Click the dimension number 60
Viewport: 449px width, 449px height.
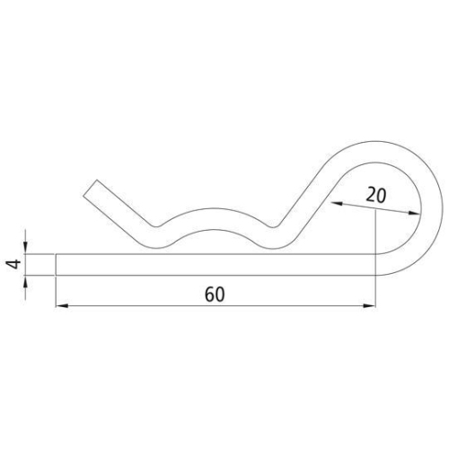215,294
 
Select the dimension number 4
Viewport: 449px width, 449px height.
12,264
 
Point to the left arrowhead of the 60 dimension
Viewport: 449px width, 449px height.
63,307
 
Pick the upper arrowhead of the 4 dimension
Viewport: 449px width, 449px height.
26,248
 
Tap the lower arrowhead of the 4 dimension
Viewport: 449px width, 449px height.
26,281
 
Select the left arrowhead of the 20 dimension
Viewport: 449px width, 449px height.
336,205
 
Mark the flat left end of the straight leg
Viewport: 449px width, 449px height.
57,264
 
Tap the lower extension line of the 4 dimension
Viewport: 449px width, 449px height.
40,274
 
